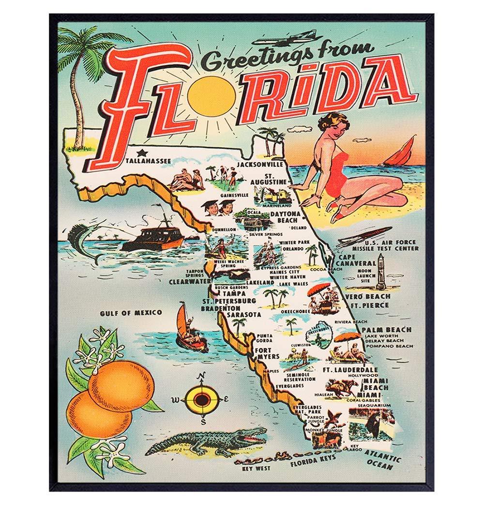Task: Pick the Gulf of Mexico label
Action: [x=131, y=313]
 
